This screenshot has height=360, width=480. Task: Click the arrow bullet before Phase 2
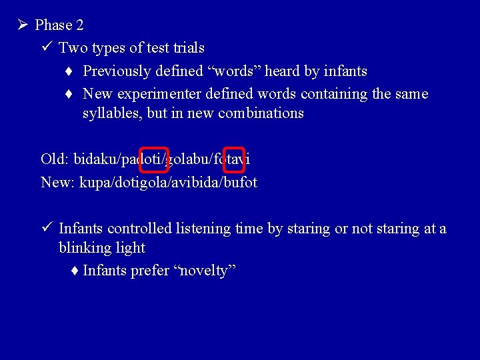tap(22, 25)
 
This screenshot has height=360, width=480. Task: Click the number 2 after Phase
tap(79, 25)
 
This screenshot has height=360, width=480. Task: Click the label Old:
tap(55, 159)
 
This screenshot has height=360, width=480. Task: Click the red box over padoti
tap(153, 159)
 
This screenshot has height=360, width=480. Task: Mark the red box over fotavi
tap(234, 159)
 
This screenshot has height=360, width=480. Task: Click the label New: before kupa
tap(57, 182)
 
